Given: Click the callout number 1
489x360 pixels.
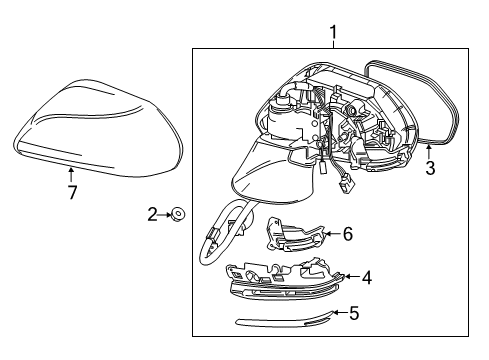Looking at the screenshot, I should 333,36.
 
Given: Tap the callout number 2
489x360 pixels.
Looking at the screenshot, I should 153,212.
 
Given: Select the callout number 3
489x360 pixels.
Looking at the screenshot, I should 429,169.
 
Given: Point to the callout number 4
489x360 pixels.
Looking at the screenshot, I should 366,277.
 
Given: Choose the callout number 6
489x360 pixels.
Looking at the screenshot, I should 348,234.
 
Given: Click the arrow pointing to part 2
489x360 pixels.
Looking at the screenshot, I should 165,212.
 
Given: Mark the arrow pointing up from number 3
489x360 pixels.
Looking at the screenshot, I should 429,150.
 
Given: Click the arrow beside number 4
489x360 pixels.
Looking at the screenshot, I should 348,277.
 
